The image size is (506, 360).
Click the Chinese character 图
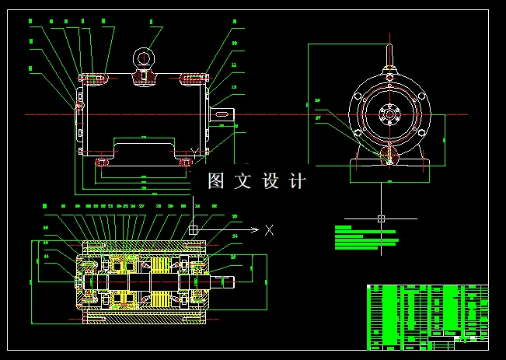(217, 181)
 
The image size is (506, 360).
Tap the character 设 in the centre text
(270, 181)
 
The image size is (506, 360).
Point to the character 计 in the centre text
(297, 181)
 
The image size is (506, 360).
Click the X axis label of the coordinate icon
(269, 230)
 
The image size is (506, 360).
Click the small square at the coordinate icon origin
(193, 230)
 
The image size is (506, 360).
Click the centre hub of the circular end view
(389, 114)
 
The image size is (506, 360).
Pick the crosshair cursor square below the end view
(381, 218)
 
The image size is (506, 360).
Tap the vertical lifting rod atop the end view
(389, 58)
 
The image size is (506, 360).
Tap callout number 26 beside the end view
(317, 100)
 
